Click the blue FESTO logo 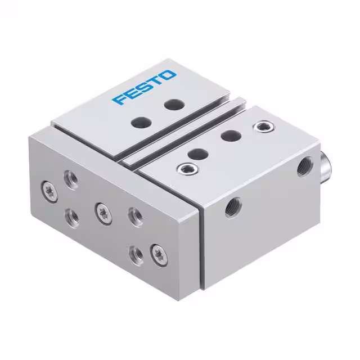tap(144, 87)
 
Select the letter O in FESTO tap(168, 75)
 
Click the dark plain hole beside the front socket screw tap(196, 153)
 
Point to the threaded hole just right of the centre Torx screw tap(134, 214)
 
